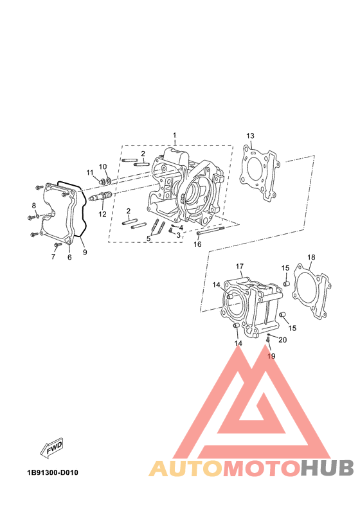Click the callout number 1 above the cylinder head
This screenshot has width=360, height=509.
[x=174, y=135]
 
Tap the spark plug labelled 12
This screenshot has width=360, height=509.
[x=100, y=196]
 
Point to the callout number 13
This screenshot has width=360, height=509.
[x=250, y=136]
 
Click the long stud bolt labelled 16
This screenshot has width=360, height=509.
[x=210, y=231]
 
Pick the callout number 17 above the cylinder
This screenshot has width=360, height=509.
[x=240, y=266]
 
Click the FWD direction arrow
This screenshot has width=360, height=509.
[x=51, y=449]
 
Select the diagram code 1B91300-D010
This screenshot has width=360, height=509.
[x=53, y=472]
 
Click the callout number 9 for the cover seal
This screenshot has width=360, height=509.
[x=85, y=252]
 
